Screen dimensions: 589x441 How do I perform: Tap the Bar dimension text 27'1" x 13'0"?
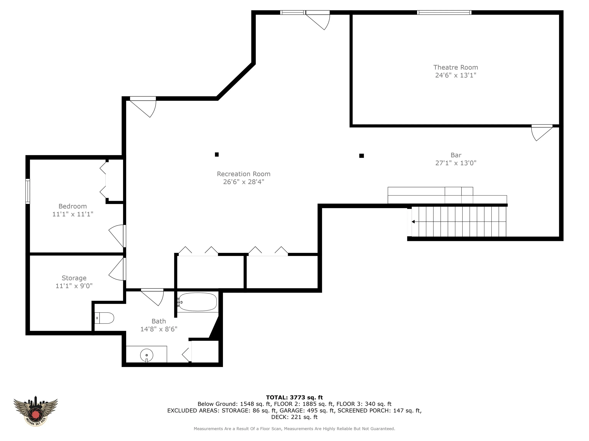pyautogui.click(x=456, y=163)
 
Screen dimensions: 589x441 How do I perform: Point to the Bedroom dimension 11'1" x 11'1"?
pyautogui.click(x=73, y=214)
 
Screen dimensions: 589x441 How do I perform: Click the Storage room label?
pyautogui.click(x=74, y=278)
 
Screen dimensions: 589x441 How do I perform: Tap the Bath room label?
pyautogui.click(x=159, y=321)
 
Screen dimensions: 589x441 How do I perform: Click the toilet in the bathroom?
pyautogui.click(x=104, y=318)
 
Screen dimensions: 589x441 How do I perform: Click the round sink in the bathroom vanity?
pyautogui.click(x=146, y=355)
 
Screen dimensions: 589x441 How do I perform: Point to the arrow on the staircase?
pyautogui.click(x=413, y=222)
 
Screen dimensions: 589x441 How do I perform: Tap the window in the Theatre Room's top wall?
pyautogui.click(x=444, y=12)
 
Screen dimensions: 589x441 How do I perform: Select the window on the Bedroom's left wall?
pyautogui.click(x=28, y=191)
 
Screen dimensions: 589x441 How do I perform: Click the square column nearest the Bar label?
pyautogui.click(x=362, y=156)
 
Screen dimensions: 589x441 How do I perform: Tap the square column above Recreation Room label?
pyautogui.click(x=217, y=154)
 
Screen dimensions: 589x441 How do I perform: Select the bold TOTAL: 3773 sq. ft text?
pyautogui.click(x=294, y=397)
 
